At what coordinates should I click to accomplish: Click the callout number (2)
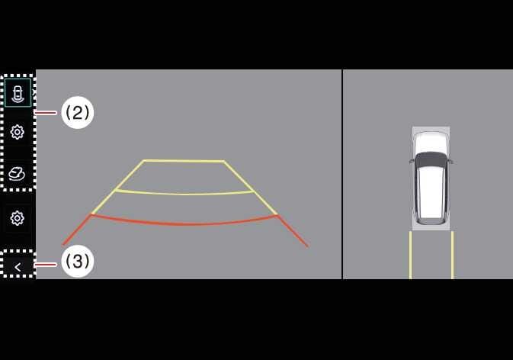pyautogui.click(x=78, y=113)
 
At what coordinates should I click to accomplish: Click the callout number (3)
pyautogui.click(x=78, y=261)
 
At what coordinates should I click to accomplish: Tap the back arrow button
pyautogui.click(x=18, y=267)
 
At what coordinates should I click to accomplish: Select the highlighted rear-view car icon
pyautogui.click(x=18, y=92)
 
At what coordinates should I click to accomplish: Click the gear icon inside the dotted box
pyautogui.click(x=18, y=132)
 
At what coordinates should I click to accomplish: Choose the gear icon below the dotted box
pyautogui.click(x=18, y=218)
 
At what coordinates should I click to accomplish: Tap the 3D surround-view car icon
pyautogui.click(x=17, y=174)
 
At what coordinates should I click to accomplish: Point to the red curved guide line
pyautogui.click(x=184, y=223)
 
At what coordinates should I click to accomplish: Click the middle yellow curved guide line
pyautogui.click(x=185, y=194)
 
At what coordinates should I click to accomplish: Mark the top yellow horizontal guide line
pyautogui.click(x=184, y=161)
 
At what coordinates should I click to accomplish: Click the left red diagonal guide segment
pyautogui.click(x=76, y=230)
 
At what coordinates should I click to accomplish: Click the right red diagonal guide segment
pyautogui.click(x=293, y=231)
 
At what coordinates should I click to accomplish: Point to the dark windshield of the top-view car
pyautogui.click(x=431, y=160)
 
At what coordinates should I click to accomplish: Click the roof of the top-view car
pyautogui.click(x=431, y=191)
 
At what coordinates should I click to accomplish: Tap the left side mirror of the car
pyautogui.click(x=412, y=161)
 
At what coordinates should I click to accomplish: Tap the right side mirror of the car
pyautogui.click(x=450, y=161)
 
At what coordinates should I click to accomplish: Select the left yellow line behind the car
pyautogui.click(x=411, y=255)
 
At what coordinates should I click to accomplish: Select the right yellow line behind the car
pyautogui.click(x=453, y=255)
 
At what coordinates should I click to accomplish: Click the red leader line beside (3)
pyautogui.click(x=45, y=265)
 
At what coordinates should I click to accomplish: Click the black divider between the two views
pyautogui.click(x=342, y=174)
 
